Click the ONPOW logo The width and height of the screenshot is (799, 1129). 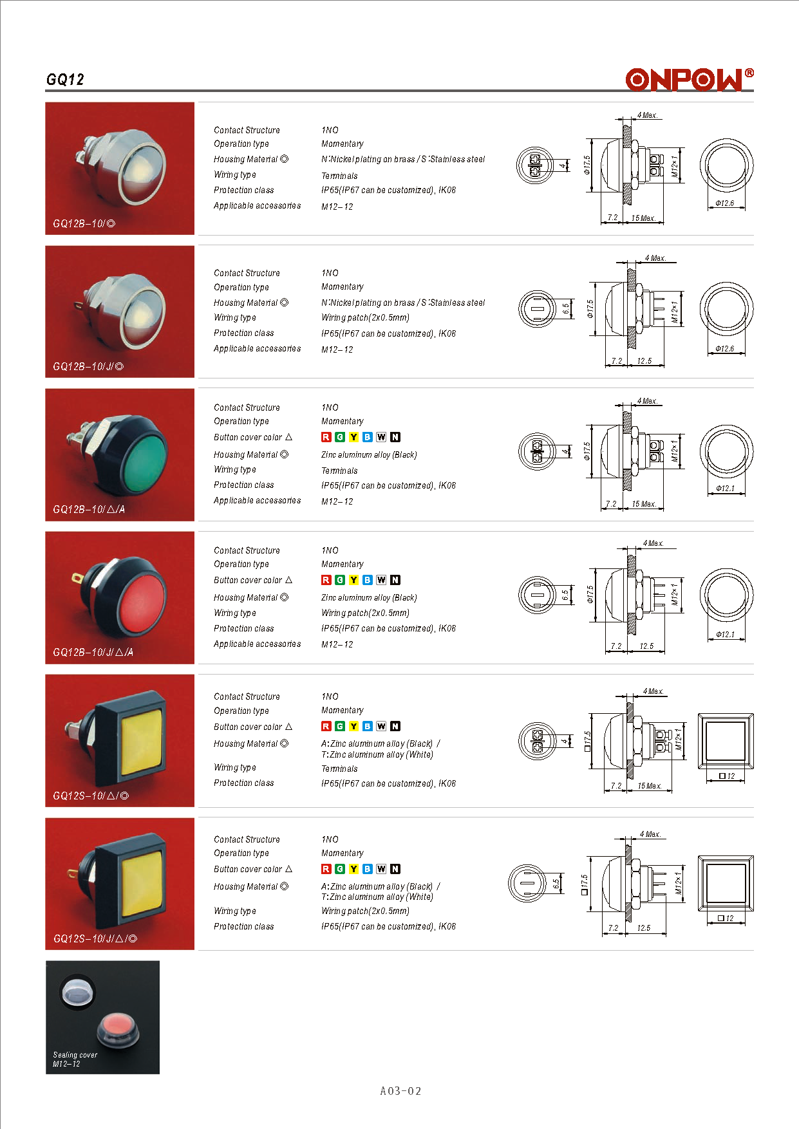click(690, 79)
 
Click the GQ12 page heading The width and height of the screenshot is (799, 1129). click(65, 80)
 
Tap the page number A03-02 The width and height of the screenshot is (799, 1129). click(400, 1090)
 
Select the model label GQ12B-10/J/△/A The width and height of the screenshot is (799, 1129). click(93, 652)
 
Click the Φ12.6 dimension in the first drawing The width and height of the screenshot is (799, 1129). click(725, 203)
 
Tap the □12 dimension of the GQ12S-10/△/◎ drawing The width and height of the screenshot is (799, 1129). click(727, 776)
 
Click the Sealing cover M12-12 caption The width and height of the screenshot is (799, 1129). click(75, 1059)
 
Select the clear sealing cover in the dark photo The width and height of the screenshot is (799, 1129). click(78, 991)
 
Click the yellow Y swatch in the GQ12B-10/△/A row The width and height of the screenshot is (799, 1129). click(353, 437)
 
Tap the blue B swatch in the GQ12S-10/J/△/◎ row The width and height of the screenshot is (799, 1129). click(368, 869)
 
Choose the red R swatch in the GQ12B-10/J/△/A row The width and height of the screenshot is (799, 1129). click(326, 580)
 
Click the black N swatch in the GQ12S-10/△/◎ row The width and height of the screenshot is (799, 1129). click(395, 726)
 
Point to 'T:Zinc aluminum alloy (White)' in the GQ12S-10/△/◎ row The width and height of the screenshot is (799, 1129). click(377, 754)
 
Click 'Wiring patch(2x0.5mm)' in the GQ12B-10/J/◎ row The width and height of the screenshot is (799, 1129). click(365, 317)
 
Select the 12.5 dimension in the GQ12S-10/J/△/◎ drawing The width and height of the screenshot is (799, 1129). click(644, 928)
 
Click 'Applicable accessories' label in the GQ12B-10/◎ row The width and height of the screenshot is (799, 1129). click(258, 206)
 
